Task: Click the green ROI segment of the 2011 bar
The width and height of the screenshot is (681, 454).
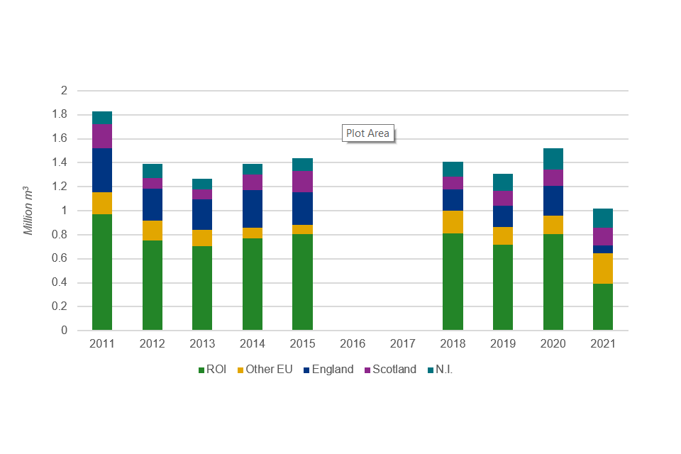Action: [x=102, y=272]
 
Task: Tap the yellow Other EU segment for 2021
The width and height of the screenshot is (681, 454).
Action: [x=603, y=268]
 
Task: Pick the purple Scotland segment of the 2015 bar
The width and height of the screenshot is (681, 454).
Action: [x=303, y=182]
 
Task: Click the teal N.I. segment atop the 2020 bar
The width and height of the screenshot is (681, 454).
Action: [x=553, y=159]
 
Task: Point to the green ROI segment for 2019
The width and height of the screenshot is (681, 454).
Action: [x=503, y=287]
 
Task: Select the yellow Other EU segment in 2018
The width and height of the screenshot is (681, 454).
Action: [x=453, y=222]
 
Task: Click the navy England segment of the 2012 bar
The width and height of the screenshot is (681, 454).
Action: [x=153, y=204]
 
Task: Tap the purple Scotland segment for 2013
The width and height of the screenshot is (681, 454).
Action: [x=202, y=194]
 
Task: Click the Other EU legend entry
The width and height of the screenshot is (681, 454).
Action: [x=264, y=370]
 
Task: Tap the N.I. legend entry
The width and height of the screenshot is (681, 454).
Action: [x=443, y=370]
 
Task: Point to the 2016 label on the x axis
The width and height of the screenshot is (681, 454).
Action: [x=353, y=344]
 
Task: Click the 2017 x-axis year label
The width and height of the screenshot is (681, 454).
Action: [x=403, y=344]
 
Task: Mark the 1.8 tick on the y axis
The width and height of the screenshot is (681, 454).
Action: [x=60, y=115]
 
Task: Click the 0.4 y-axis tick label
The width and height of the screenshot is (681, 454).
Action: [x=60, y=283]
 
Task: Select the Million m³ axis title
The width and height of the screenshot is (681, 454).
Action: [x=28, y=211]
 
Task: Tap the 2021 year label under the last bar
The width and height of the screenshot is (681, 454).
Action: [x=603, y=344]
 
